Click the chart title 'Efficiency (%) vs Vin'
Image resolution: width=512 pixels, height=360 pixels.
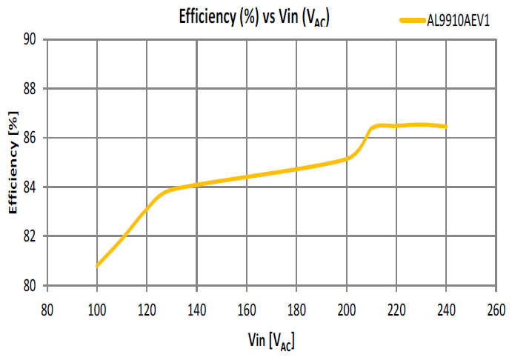point(253,18)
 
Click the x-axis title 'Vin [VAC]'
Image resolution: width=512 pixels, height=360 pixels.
point(271,340)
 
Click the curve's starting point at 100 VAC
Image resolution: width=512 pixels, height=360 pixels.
point(97,265)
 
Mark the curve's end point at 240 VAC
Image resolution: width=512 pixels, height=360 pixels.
point(446,127)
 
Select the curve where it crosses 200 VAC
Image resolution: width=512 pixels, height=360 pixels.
point(347,158)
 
